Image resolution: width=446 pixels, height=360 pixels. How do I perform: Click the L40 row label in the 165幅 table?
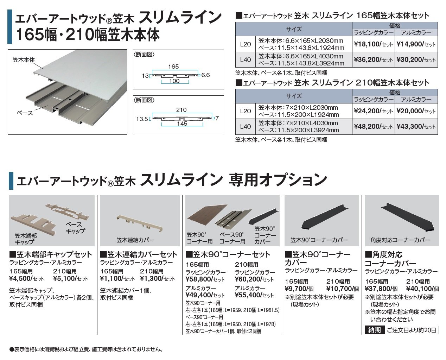[246, 59]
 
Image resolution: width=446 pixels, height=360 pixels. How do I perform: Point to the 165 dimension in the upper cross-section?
[173, 67]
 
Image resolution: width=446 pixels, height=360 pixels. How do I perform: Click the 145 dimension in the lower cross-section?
[182, 124]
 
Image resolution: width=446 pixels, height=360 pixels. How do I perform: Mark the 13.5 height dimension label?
[142, 119]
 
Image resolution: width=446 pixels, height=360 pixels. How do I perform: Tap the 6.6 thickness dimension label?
[205, 75]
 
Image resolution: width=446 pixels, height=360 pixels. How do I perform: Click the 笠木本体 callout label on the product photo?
[24, 60]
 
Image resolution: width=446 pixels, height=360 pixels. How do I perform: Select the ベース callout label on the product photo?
[25, 113]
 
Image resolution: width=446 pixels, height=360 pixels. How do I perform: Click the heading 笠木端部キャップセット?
[50, 254]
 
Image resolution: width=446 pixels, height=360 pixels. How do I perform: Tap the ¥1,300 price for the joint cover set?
[152, 279]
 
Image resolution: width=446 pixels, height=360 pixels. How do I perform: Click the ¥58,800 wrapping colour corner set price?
[199, 279]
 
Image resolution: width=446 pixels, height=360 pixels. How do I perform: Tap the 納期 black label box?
[375, 330]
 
